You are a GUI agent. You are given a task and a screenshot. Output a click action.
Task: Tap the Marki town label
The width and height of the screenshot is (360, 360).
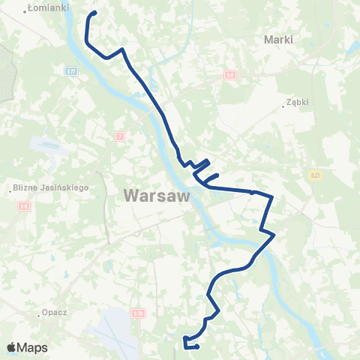pos(278,39)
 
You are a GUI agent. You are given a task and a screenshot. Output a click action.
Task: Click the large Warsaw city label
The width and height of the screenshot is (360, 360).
pos(155,196)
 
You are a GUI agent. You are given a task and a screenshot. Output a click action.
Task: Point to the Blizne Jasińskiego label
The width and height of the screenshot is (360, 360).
pos(52,187)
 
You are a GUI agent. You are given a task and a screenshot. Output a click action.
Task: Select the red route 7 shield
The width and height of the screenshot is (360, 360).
pos(120,136)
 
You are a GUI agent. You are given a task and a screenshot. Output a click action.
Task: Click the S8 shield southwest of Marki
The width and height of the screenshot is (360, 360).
pos(230,75)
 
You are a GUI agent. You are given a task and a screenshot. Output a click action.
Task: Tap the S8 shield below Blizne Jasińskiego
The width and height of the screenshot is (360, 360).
pos(24,205)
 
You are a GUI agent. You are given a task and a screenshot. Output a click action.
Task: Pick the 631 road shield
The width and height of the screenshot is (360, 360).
pos(316,173)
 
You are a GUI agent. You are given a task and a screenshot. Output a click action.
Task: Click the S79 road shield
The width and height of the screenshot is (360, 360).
pos(137,313)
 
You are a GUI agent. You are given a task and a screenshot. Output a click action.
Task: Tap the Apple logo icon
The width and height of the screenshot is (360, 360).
pos(12,347)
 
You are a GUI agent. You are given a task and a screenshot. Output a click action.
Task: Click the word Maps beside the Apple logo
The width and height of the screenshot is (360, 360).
pos(33,347)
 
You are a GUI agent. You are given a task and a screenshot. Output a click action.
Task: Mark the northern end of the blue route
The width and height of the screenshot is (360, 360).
pos(95,13)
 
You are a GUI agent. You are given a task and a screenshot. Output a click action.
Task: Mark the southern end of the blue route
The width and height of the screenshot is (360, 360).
pos(196,346)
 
